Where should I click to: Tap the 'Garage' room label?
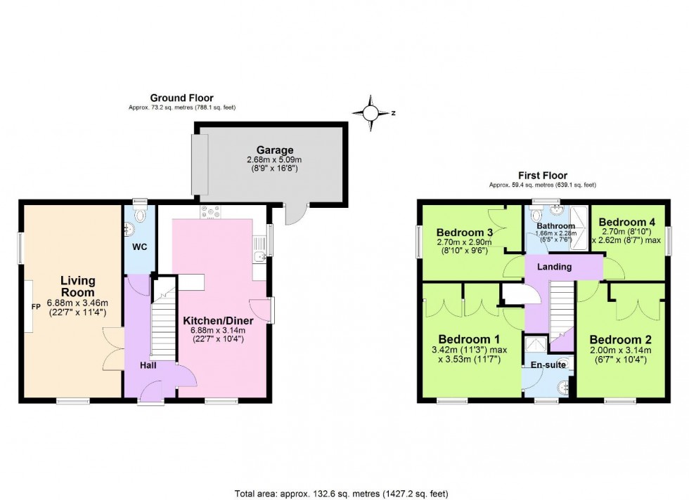tap(274, 150)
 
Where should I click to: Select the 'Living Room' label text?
tap(77, 287)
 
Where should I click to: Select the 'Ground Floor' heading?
tap(181, 98)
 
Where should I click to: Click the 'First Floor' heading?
tap(542, 176)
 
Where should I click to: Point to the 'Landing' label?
tap(554, 267)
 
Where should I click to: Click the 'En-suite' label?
tap(548, 364)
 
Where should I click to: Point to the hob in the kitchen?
tap(210, 209)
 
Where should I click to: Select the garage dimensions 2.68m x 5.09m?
tap(274, 160)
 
